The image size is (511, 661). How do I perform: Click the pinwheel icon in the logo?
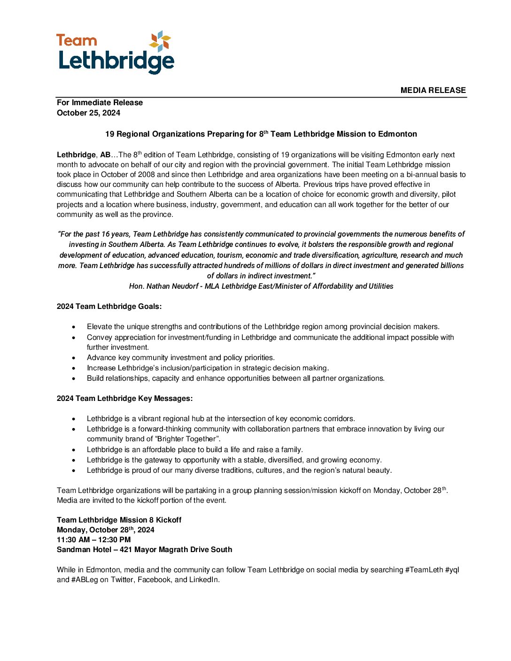point(160,41)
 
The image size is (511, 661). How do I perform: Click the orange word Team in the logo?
point(77,41)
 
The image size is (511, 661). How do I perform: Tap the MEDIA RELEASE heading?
point(433,90)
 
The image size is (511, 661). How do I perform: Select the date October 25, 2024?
point(88,113)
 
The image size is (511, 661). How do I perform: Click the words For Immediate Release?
point(100,102)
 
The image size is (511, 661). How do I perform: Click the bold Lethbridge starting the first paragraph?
point(76,154)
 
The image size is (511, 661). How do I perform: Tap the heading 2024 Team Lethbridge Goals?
point(109,306)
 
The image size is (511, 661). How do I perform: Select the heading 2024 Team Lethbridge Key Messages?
point(124,398)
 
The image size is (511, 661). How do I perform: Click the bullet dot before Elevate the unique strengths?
point(73,327)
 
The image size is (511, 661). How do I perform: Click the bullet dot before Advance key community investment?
point(73,358)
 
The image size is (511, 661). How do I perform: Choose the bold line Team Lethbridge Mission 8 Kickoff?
point(119,520)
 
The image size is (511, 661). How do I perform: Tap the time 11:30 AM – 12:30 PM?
point(93,539)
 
